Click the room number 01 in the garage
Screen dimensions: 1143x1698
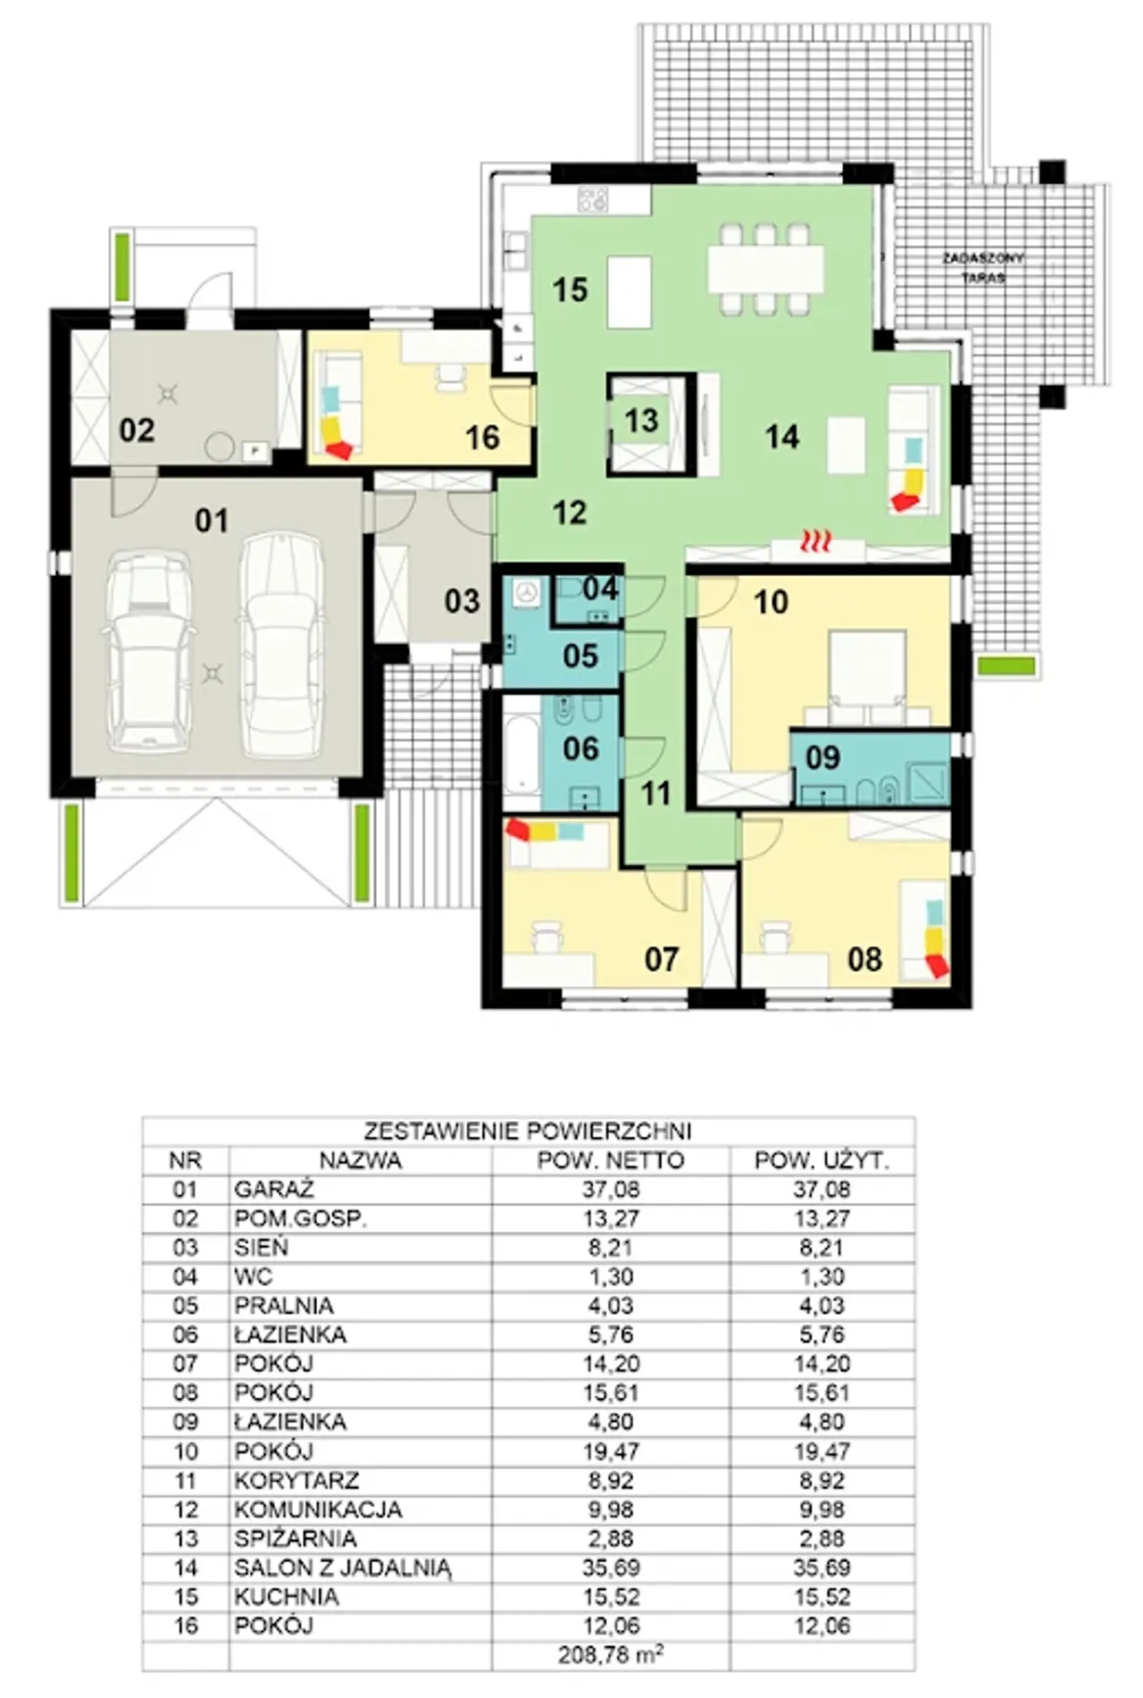pos(212,520)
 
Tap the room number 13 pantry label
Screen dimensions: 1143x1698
pos(641,420)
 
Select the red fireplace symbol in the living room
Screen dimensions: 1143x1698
pos(815,540)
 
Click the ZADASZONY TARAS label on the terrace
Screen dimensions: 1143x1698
pos(983,267)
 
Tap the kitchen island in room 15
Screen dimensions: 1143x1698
pos(629,292)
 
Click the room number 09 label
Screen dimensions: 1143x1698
pos(822,757)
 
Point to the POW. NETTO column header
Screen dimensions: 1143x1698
pos(611,1160)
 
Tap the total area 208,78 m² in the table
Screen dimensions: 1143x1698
pos(611,1655)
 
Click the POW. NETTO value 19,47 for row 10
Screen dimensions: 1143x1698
pos(611,1451)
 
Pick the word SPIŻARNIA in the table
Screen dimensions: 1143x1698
pos(296,1539)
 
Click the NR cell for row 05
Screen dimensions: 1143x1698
pos(185,1306)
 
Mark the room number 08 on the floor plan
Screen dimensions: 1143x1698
pos(864,959)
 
